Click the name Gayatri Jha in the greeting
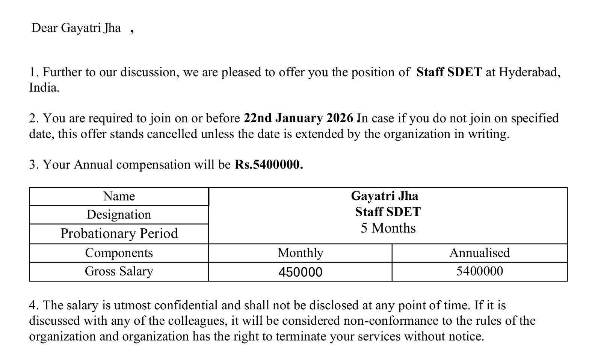[91, 28]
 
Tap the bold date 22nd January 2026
[298, 118]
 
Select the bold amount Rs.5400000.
[269, 164]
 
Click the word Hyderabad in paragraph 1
[529, 72]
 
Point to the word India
[44, 88]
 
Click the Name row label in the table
[119, 196]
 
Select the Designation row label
[119, 215]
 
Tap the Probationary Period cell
[119, 233]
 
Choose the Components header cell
[119, 253]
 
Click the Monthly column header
[300, 253]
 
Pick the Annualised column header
[479, 253]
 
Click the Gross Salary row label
[119, 271]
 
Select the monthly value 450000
[300, 272]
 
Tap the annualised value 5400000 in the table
[479, 271]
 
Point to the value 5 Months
[388, 228]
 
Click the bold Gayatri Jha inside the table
[384, 196]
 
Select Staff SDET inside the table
[388, 212]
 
